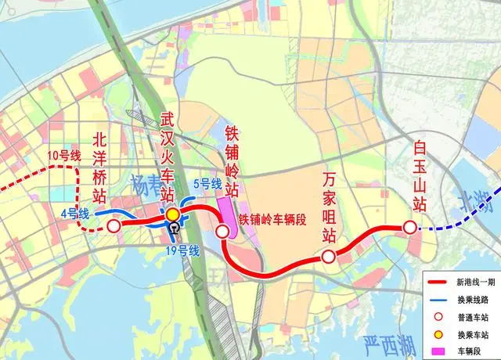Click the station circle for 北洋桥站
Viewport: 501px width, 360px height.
tap(114, 227)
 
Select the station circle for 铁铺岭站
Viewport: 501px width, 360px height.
tap(222, 231)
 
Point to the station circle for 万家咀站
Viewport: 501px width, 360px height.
tap(329, 257)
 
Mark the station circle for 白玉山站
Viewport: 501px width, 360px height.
tap(409, 228)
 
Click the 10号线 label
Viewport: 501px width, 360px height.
tap(64, 155)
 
